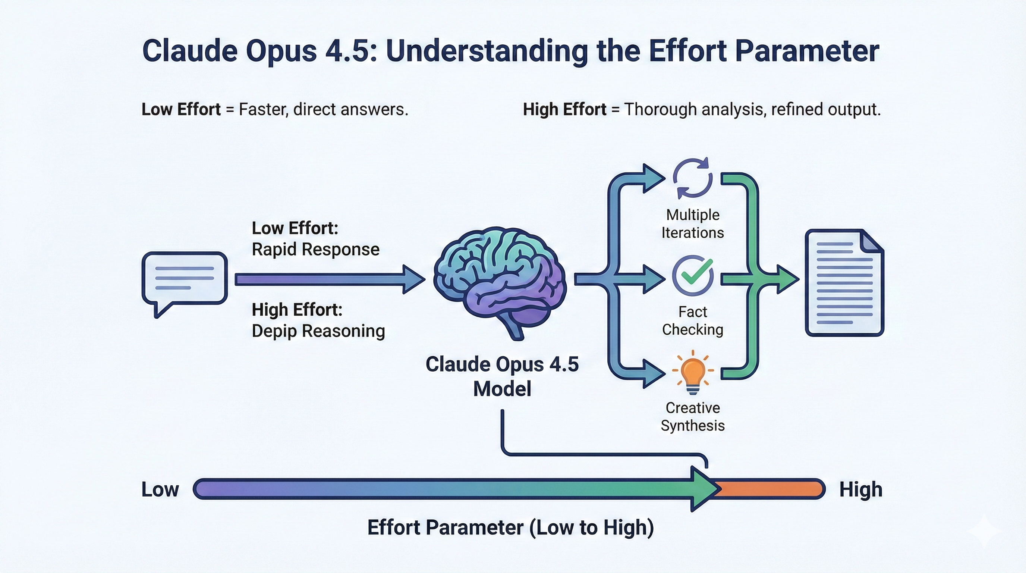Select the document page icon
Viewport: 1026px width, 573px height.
[844, 282]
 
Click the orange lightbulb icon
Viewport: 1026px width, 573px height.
[693, 373]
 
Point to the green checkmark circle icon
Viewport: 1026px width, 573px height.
[693, 275]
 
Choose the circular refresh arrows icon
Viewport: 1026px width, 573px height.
[693, 178]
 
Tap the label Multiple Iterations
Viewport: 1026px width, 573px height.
[693, 223]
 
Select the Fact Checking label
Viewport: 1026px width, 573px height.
[693, 320]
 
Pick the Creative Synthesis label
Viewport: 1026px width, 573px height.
[693, 416]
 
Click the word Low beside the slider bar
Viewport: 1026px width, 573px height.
[160, 489]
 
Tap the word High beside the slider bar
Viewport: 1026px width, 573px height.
[861, 490]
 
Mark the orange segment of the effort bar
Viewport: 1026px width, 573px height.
[771, 489]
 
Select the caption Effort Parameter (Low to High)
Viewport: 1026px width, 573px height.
[511, 528]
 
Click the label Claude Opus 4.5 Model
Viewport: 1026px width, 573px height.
[502, 376]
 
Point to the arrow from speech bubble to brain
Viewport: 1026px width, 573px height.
[330, 279]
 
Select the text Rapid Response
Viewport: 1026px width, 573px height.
[315, 250]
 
